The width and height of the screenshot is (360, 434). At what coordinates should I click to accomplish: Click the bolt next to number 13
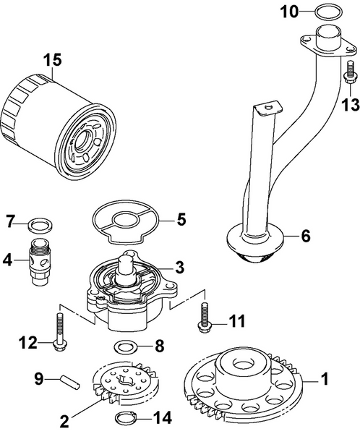(x=351, y=72)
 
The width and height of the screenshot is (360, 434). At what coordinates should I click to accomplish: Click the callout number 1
(x=325, y=377)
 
